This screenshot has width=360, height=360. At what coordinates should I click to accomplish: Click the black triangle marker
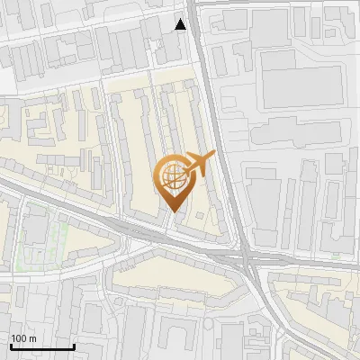pos(181,24)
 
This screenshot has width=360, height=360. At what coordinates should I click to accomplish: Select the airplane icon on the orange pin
pos(199,165)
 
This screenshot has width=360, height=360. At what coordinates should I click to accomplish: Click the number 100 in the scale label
pos(20,337)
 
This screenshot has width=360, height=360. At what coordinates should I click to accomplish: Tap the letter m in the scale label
pos(33,337)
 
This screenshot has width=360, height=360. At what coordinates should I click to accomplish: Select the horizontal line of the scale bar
pos(42,346)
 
